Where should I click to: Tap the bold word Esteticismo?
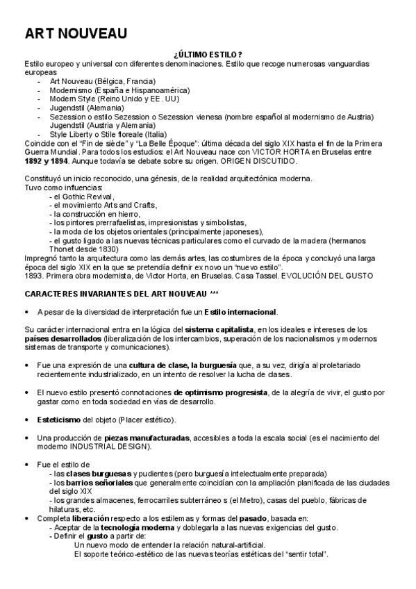58,420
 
